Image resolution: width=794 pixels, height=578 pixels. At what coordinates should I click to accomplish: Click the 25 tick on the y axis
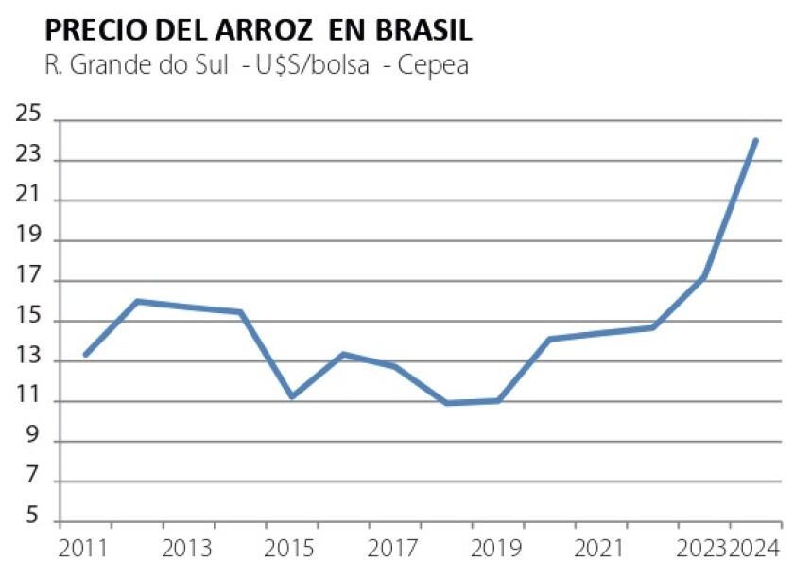click(x=31, y=119)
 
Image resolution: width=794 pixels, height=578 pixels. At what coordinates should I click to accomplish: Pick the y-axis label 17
click(x=31, y=281)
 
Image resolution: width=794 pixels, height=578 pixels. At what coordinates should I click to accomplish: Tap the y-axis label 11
click(x=31, y=401)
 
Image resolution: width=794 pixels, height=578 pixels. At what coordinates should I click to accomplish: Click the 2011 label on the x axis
click(x=82, y=549)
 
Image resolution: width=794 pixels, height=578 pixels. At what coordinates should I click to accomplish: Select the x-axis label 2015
click(x=287, y=549)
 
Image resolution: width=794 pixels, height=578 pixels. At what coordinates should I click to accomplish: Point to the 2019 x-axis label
click(x=492, y=549)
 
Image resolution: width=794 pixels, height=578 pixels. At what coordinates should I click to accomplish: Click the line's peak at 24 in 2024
click(x=755, y=140)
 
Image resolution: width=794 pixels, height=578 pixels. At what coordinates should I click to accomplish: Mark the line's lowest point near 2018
click(x=446, y=403)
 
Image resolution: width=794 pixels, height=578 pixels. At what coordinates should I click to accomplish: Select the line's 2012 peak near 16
click(x=138, y=301)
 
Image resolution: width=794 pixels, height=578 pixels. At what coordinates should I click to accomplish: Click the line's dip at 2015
click(x=292, y=396)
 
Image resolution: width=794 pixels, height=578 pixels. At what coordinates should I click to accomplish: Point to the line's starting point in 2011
click(x=85, y=355)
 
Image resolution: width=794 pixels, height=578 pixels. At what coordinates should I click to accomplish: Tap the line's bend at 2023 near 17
click(x=704, y=277)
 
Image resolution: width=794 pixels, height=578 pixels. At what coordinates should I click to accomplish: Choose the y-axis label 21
click(x=31, y=201)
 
